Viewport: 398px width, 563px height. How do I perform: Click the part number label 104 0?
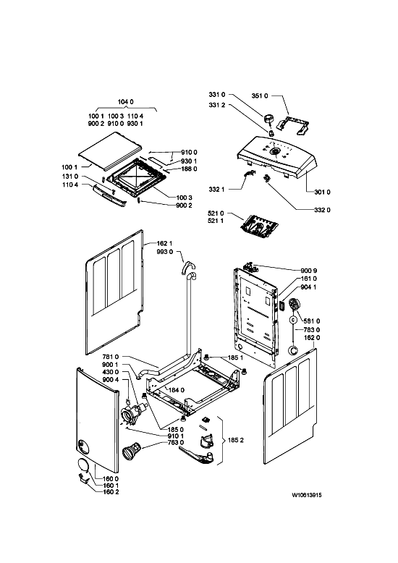pyautogui.click(x=125, y=102)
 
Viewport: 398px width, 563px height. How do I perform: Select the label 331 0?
pyautogui.click(x=216, y=95)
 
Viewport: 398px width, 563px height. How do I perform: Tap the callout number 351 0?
pyautogui.click(x=259, y=96)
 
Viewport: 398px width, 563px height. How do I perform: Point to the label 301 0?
pyautogui.click(x=322, y=192)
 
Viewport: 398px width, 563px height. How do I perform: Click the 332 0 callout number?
pyautogui.click(x=322, y=210)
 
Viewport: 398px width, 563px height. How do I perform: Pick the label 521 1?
pyautogui.click(x=216, y=221)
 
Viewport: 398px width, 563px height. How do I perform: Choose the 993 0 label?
pyautogui.click(x=164, y=252)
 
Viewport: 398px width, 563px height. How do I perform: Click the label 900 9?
pyautogui.click(x=308, y=271)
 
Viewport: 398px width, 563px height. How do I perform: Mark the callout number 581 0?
pyautogui.click(x=311, y=321)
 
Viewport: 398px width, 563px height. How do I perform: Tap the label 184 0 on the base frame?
pyautogui.click(x=176, y=390)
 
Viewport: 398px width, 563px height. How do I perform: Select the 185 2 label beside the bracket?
pyautogui.click(x=236, y=440)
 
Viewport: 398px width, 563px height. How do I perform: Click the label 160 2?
pyautogui.click(x=111, y=492)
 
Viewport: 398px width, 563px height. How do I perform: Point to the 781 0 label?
pyautogui.click(x=110, y=357)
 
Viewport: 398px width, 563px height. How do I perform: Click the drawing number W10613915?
pyautogui.click(x=306, y=495)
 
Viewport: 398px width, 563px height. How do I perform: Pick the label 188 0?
pyautogui.click(x=189, y=169)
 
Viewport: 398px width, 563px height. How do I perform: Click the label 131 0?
pyautogui.click(x=70, y=177)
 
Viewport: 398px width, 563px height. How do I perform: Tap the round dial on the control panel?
pyautogui.click(x=275, y=151)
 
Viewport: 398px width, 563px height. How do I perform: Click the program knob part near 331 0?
pyautogui.click(x=268, y=119)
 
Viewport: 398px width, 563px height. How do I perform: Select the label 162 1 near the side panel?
pyautogui.click(x=164, y=244)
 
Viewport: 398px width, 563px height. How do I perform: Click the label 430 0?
pyautogui.click(x=110, y=373)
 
